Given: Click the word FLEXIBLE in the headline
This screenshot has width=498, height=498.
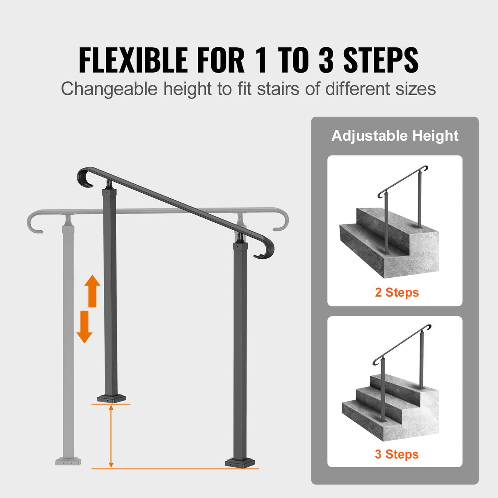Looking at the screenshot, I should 134,60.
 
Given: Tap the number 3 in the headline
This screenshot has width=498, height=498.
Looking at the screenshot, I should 326,60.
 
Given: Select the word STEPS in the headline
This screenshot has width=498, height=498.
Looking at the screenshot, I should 381,60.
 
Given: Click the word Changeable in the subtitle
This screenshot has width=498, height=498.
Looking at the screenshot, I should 109,89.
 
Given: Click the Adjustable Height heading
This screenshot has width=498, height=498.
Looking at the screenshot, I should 395,136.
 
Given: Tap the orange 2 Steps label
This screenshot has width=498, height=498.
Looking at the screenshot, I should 397,292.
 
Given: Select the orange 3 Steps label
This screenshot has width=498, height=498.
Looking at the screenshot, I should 397,454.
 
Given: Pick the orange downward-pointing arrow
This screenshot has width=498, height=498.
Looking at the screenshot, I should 85,327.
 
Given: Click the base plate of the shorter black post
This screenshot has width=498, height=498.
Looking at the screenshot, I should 111,398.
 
